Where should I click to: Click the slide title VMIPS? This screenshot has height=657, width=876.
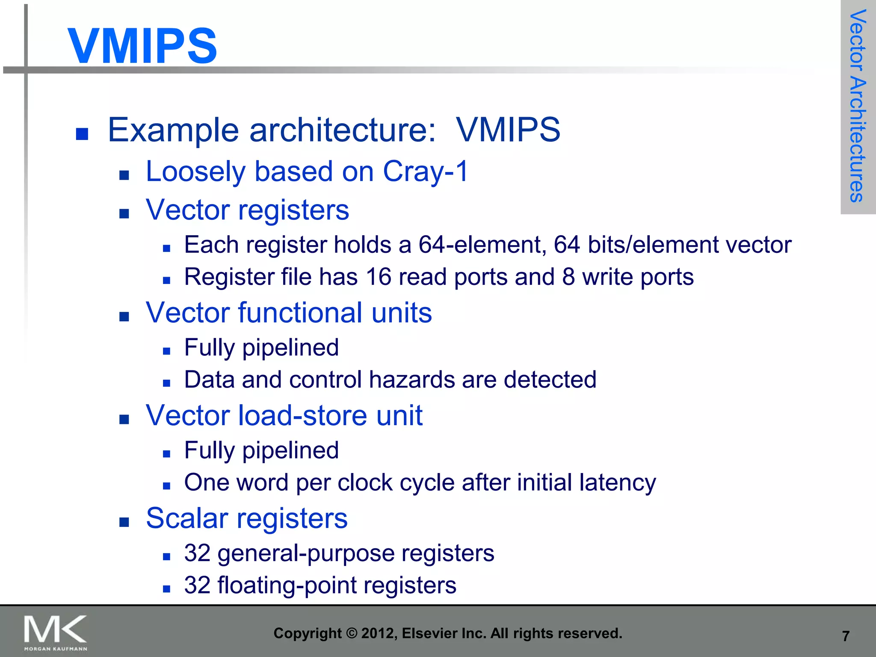click(x=142, y=46)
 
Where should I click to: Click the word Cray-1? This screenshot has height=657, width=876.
click(x=426, y=172)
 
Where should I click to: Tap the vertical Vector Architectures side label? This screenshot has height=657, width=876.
click(x=858, y=106)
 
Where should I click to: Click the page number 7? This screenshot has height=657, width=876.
click(x=845, y=636)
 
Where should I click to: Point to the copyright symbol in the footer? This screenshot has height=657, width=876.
click(x=351, y=633)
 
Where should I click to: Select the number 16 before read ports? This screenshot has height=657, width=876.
click(x=379, y=277)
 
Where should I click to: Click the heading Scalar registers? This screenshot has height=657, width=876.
click(x=247, y=518)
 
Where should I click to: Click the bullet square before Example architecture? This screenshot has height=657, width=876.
click(x=82, y=134)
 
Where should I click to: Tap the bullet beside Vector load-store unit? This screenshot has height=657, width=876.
click(x=124, y=419)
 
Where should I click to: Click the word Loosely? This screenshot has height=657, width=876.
click(x=195, y=172)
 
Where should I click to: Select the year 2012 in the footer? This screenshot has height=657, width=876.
click(x=375, y=633)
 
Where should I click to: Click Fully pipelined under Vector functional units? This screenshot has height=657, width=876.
click(x=261, y=347)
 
